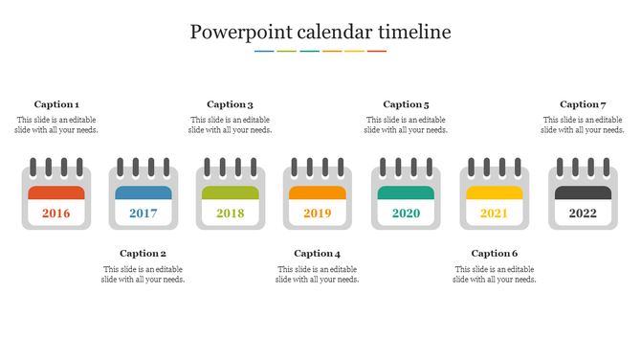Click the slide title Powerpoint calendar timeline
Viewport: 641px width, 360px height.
[x=320, y=32]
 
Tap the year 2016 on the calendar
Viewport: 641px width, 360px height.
[x=56, y=213]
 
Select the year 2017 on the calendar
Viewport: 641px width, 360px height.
[x=144, y=213]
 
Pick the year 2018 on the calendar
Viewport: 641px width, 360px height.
[x=231, y=213]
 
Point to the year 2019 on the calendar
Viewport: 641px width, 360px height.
[x=318, y=213]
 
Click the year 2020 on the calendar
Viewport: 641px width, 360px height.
[x=406, y=213]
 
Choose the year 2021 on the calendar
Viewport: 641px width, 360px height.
[x=494, y=213]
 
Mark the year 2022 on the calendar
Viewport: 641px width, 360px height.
[x=583, y=213]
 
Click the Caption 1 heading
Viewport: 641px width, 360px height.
[x=56, y=104]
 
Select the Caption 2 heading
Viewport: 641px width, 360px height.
[x=144, y=254]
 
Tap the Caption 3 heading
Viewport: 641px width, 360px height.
[x=231, y=104]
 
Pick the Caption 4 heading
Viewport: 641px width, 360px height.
[x=318, y=254]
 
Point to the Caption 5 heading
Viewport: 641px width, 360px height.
[x=406, y=104]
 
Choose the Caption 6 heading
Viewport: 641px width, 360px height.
[x=495, y=254]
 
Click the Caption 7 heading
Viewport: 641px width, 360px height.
[x=583, y=104]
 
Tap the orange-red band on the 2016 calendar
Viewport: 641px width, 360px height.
[x=56, y=192]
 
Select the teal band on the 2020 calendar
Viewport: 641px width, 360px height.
[x=406, y=192]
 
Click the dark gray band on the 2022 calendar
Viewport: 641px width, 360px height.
[x=583, y=192]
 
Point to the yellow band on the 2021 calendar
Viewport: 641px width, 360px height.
[x=494, y=192]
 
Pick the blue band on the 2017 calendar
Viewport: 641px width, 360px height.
[x=144, y=192]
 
